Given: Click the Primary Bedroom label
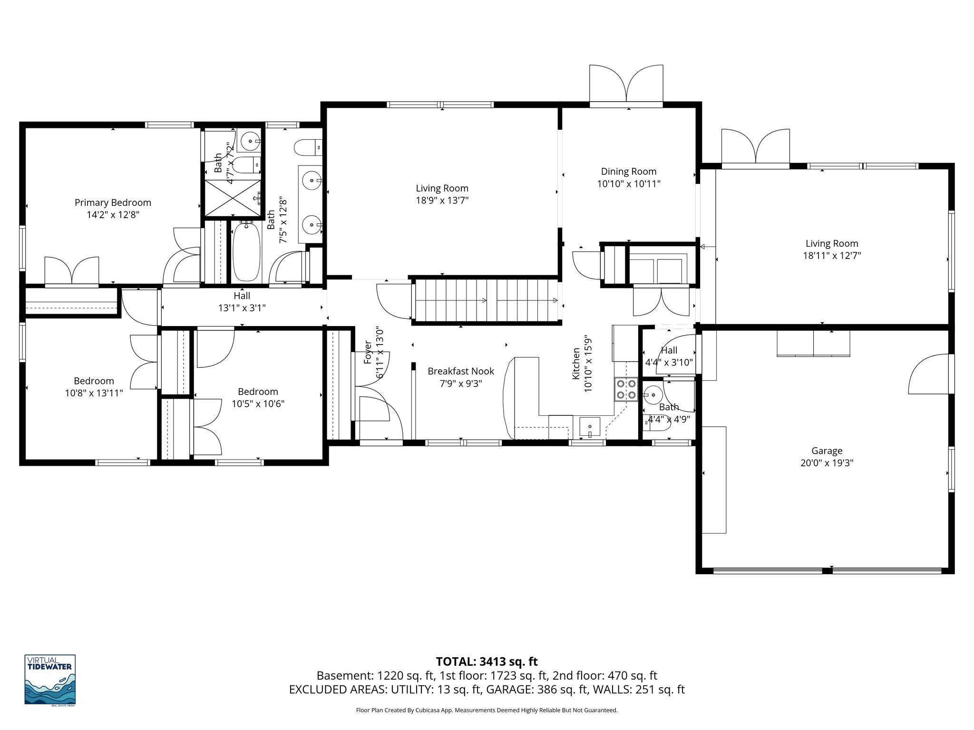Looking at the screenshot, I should point(113,202).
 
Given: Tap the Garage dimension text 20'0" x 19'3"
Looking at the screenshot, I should point(827,463).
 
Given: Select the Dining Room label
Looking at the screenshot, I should point(628,172).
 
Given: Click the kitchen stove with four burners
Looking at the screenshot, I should point(625,389).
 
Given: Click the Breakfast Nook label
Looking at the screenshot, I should point(460,371).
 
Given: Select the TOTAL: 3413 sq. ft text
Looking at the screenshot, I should point(487,662).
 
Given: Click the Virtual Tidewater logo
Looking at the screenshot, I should point(50,679).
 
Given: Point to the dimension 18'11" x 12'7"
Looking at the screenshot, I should point(832,256).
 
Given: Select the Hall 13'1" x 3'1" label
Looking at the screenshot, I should point(242,302).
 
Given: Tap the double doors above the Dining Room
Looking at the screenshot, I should point(626,83).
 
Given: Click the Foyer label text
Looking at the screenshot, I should point(368,352).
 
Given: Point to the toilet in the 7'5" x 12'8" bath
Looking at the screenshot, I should point(308,147).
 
